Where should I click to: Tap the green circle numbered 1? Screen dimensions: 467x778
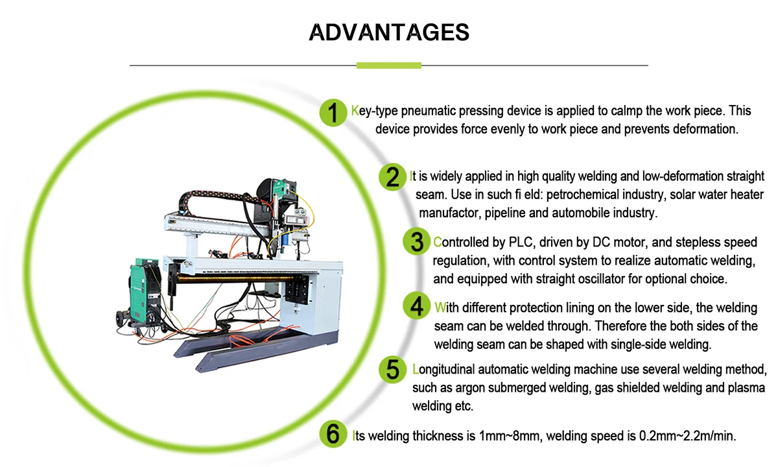(333, 113)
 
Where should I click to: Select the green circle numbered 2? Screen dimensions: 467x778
(393, 176)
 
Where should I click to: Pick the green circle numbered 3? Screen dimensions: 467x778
(416, 241)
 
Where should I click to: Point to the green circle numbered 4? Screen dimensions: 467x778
(416, 305)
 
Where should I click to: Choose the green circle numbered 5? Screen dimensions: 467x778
(393, 369)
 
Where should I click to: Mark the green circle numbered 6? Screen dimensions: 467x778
(333, 434)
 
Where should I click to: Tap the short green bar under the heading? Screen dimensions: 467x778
(389, 65)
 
